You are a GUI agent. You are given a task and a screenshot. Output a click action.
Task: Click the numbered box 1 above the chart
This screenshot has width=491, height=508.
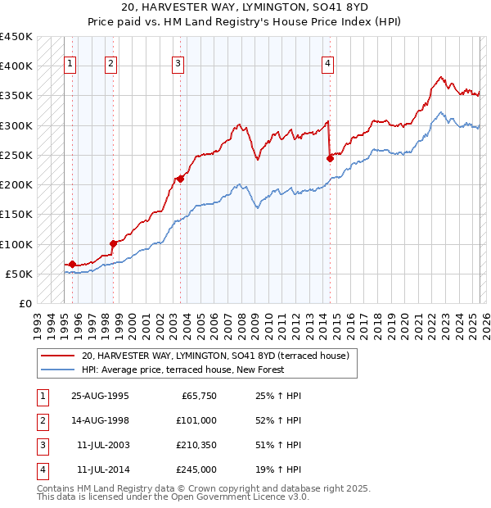(70, 65)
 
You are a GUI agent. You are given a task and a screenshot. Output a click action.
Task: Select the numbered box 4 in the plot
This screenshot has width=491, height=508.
(327, 65)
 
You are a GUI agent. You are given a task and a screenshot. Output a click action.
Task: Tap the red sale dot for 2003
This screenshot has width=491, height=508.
(180, 178)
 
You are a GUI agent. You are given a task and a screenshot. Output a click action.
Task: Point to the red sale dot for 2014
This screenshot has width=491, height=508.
(330, 157)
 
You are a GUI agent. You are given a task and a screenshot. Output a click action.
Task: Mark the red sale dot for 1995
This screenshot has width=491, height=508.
(73, 264)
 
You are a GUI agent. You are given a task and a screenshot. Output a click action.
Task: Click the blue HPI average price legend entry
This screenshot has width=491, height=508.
(182, 370)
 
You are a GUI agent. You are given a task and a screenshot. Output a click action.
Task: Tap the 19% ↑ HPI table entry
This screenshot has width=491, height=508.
(278, 469)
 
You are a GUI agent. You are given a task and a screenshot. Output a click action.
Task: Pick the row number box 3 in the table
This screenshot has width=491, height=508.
(41, 445)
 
